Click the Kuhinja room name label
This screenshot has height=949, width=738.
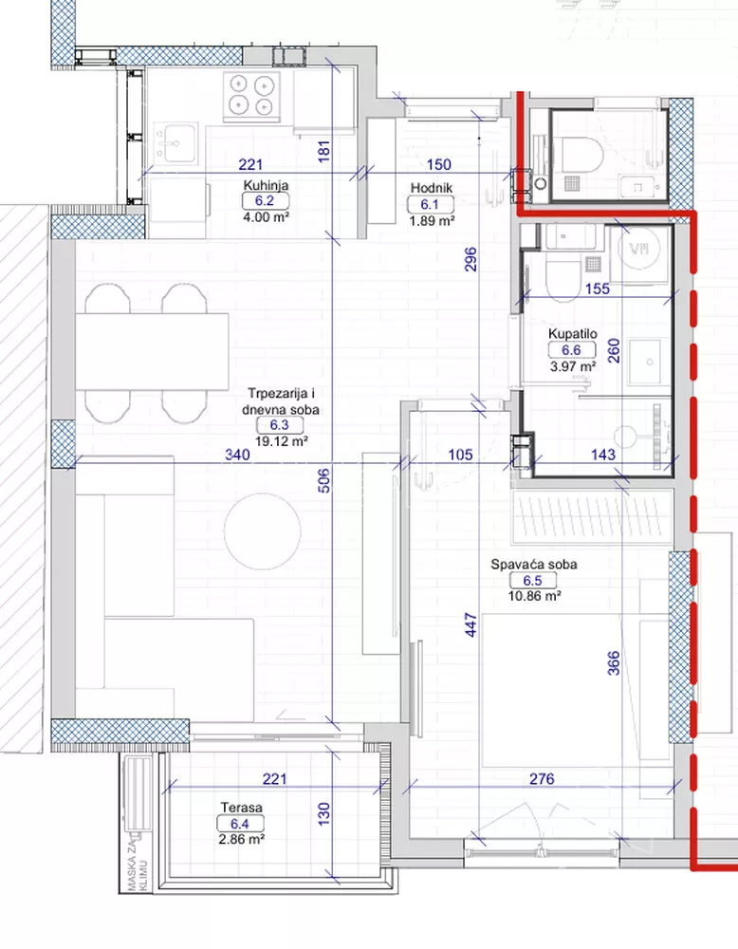pos(266,186)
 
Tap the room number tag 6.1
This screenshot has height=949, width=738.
pos(430,205)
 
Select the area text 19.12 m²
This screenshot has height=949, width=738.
pos(282,441)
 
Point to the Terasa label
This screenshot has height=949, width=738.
pos(241,808)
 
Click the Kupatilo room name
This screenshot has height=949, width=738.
pos(572,334)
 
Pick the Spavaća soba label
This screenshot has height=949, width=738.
pos(533,565)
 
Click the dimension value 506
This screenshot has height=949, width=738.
pos(324,480)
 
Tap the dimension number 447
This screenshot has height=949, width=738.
pos(471,625)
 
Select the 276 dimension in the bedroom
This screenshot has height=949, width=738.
pos(542,779)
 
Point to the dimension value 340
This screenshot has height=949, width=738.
pos(237,455)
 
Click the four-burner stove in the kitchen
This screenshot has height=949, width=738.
pos(251,95)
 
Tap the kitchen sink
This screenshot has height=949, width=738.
pos(175,143)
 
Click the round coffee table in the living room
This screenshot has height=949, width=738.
pos(262,531)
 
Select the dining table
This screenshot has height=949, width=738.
pos(152,352)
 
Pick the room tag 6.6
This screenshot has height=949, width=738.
pos(572,350)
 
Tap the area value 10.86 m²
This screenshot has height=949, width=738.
pos(535,596)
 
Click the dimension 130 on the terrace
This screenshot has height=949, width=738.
pos(324,814)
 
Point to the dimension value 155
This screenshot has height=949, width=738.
pos(598,288)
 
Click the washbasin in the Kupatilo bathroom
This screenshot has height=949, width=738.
pos(649,362)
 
